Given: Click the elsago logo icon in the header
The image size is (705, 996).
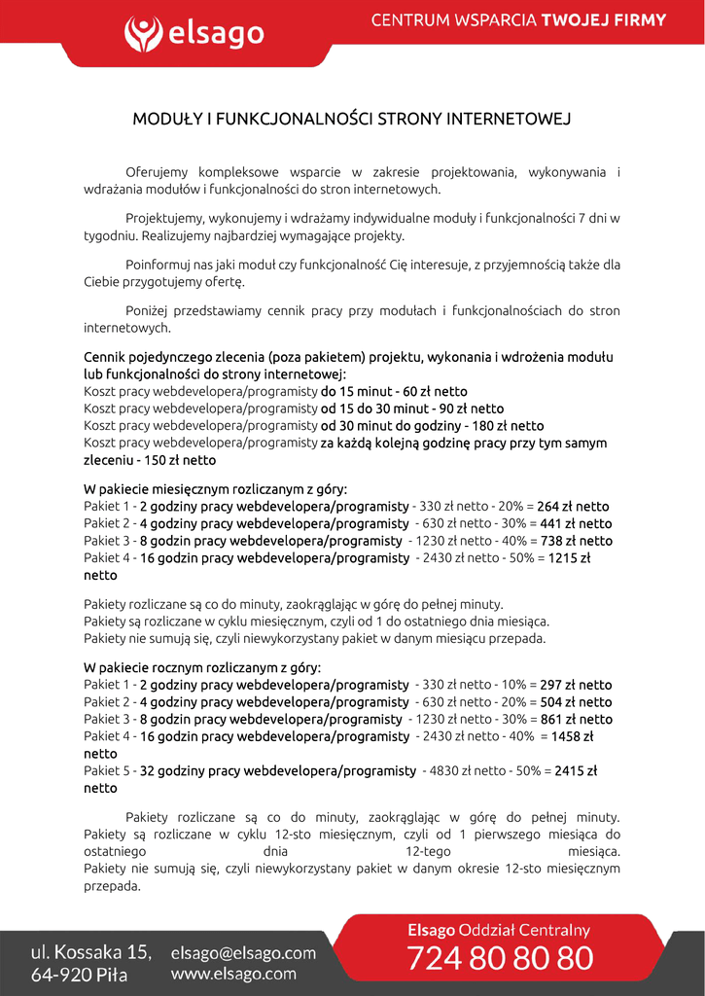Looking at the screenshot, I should [x=144, y=34].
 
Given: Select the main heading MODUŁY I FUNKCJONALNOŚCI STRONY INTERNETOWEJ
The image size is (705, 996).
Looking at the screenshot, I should [x=351, y=120].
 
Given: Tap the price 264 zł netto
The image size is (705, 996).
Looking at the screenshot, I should [x=573, y=507].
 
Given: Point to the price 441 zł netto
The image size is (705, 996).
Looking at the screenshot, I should [x=576, y=524].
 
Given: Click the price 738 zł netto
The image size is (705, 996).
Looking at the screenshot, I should [x=576, y=541].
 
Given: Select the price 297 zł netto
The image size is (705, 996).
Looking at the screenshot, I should [x=576, y=686].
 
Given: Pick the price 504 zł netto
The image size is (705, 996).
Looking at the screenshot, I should [x=576, y=702].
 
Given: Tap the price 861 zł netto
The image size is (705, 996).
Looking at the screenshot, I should [x=576, y=720].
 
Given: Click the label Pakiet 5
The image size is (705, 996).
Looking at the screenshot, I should [x=107, y=771].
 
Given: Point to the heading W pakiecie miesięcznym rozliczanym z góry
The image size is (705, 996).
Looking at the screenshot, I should [x=215, y=489].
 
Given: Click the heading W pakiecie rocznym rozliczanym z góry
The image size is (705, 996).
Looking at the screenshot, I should [x=202, y=668].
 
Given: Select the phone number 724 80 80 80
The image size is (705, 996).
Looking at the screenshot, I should [x=500, y=959].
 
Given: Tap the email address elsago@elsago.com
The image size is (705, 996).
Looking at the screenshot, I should [x=243, y=953].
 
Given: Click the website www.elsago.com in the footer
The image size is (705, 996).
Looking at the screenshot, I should [x=233, y=974].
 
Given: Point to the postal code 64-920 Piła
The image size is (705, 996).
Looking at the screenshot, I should [x=80, y=976].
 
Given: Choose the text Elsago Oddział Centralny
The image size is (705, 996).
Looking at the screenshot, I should [x=498, y=931].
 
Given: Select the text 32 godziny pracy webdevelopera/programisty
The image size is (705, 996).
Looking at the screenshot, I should [x=278, y=771].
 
